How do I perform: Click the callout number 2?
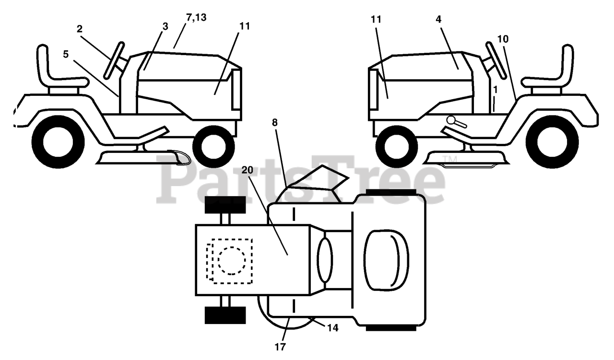79,29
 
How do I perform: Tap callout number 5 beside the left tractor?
66,54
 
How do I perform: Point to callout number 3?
165,27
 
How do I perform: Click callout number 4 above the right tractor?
439,19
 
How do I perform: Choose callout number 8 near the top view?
274,122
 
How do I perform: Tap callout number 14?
333,328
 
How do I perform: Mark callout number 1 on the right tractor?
495,89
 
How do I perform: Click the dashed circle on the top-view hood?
231,260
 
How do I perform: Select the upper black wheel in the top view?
225,205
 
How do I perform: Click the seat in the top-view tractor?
387,262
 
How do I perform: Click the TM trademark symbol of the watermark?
448,159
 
